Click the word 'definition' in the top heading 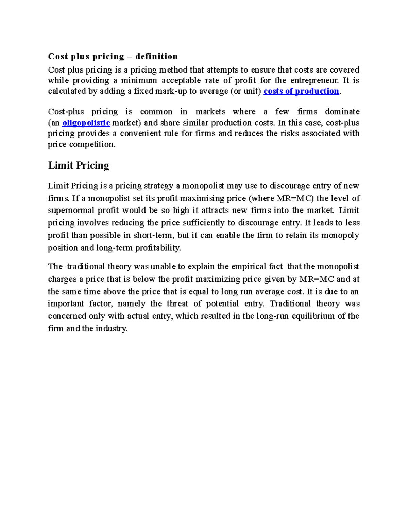click(x=156, y=56)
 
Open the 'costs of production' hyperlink click(x=301, y=91)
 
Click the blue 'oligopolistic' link click(x=86, y=123)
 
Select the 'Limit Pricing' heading click(x=79, y=166)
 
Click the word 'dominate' click(x=342, y=112)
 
